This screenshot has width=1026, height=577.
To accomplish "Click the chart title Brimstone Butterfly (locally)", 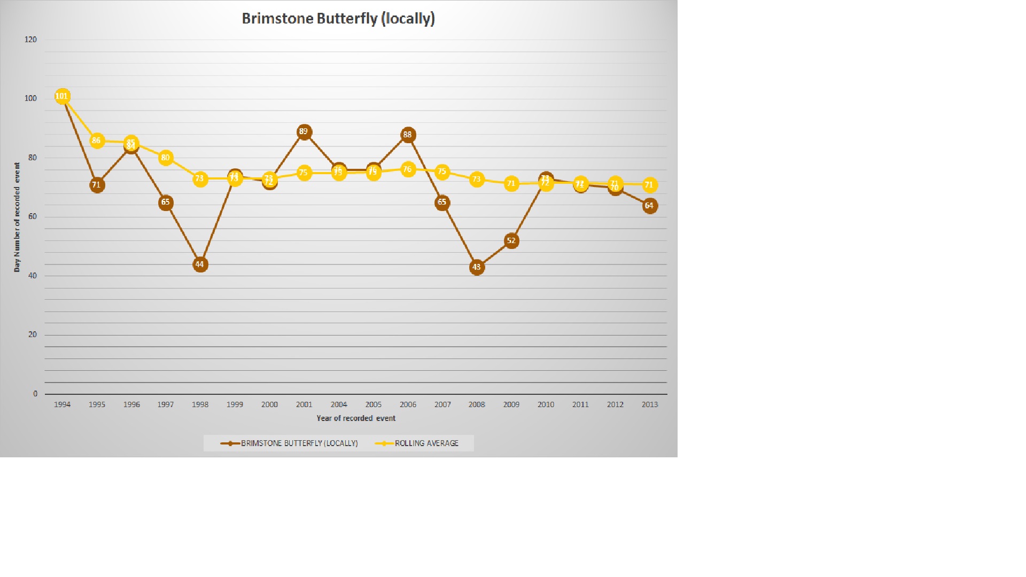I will click(x=338, y=19).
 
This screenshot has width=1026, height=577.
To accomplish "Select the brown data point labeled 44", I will click(x=200, y=264).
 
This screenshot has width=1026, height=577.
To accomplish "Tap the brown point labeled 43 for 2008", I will click(x=477, y=267).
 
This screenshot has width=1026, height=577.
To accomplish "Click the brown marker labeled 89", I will click(x=304, y=131).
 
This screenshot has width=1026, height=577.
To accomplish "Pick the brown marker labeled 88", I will click(x=408, y=135).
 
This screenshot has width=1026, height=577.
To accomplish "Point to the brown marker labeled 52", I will click(x=511, y=241).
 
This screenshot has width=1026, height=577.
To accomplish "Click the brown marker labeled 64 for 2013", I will click(x=649, y=206).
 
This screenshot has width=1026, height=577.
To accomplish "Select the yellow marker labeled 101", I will click(x=62, y=96).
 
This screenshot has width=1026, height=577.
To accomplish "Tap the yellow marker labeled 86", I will click(x=97, y=141).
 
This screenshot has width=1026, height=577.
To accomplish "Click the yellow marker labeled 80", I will click(x=166, y=158).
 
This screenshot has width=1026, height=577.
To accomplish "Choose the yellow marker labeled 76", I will click(x=408, y=169).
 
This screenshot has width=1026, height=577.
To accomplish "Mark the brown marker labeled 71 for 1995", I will click(x=97, y=185).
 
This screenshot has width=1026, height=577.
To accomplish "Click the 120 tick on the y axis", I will click(x=31, y=40).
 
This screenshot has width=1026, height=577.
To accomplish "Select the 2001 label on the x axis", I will click(x=304, y=404).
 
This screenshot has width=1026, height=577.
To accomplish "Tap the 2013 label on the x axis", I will click(x=649, y=404).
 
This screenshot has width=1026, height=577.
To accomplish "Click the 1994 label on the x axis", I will click(x=62, y=404).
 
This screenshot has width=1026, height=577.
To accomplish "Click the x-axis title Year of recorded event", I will click(x=356, y=418).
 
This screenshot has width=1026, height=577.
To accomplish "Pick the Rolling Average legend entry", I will click(x=426, y=443).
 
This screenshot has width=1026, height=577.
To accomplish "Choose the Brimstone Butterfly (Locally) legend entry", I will click(x=299, y=443).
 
